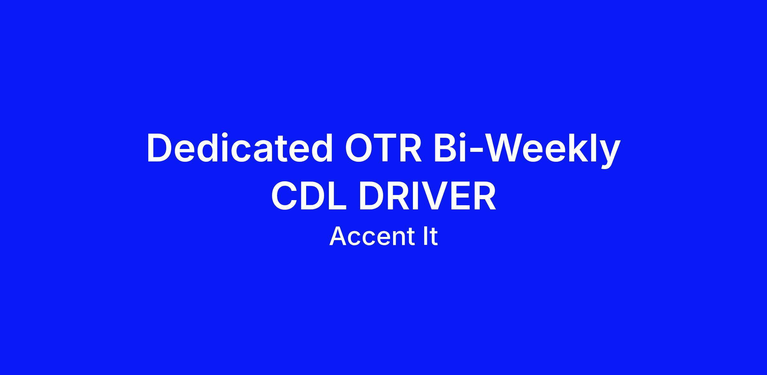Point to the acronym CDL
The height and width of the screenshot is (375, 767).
click(309, 196)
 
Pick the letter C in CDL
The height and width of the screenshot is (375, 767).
click(284, 196)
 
